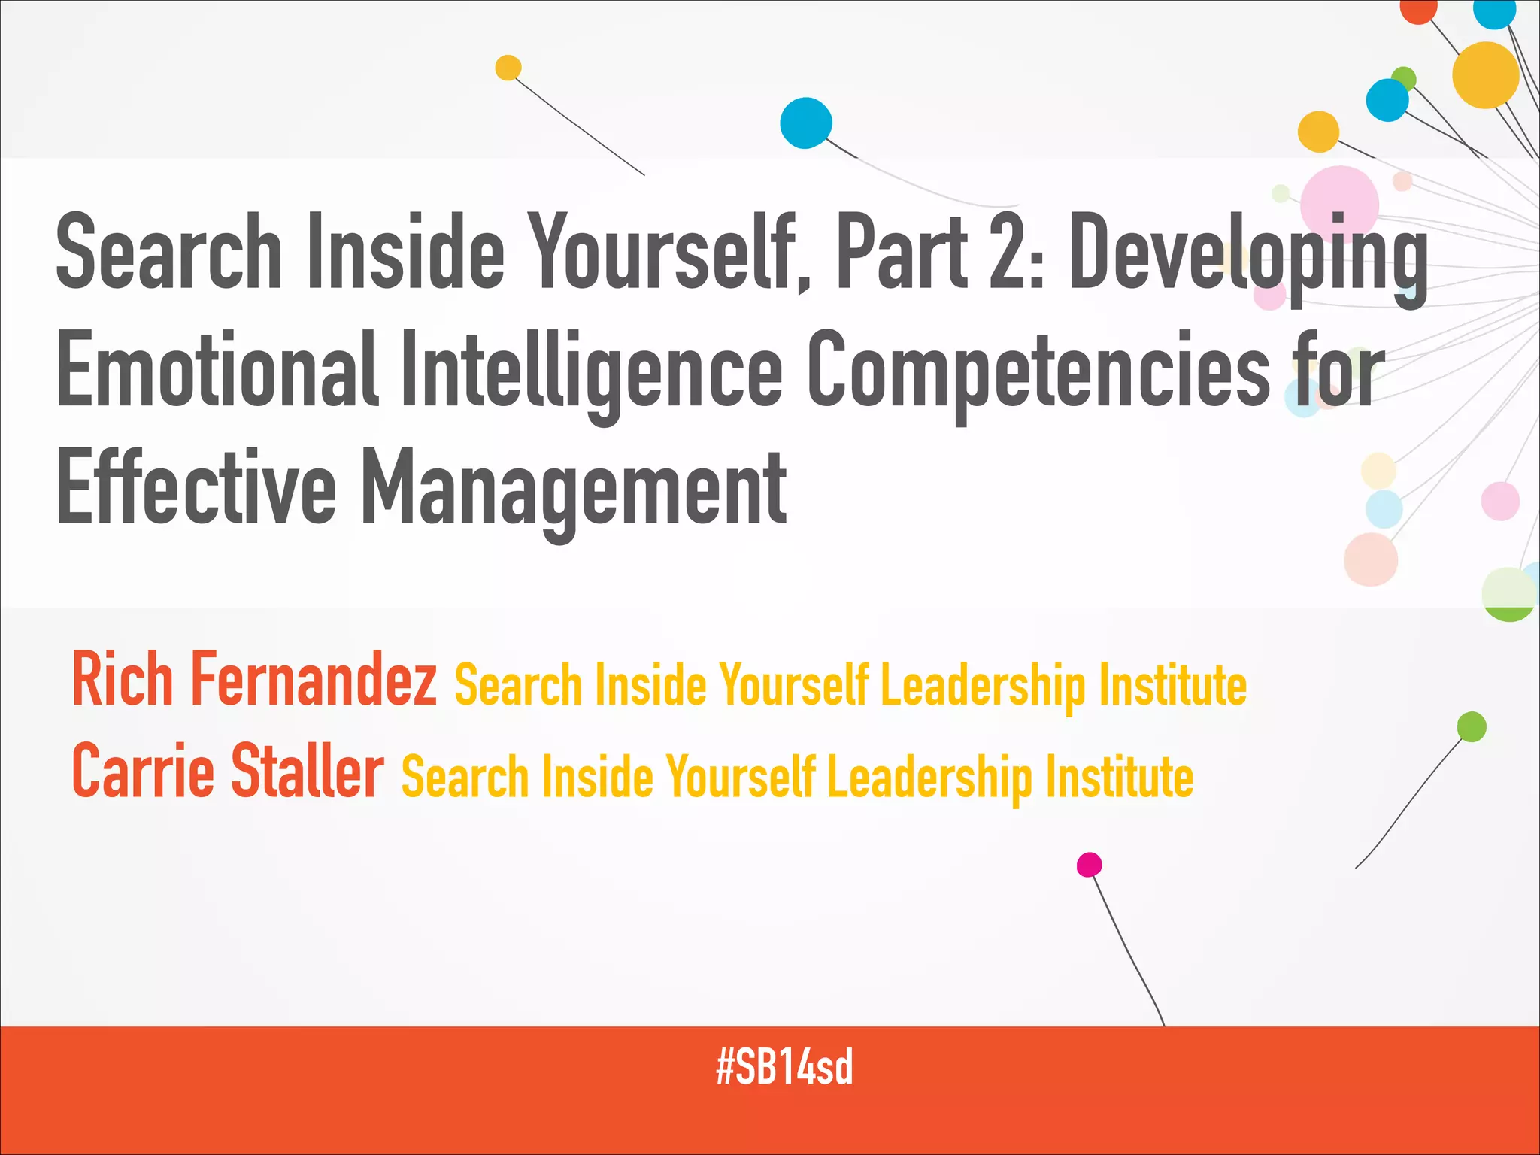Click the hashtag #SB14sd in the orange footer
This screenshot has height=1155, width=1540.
pyautogui.click(x=784, y=1067)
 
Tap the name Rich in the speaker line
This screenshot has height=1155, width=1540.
pyautogui.click(x=123, y=680)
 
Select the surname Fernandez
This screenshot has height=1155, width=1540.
pyautogui.click(x=314, y=680)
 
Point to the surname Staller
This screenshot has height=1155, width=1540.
pyautogui.click(x=307, y=772)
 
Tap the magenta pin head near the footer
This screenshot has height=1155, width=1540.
pyautogui.click(x=1089, y=865)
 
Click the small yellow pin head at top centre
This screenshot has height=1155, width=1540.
pyautogui.click(x=508, y=68)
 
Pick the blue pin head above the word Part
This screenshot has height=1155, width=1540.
pyautogui.click(x=805, y=123)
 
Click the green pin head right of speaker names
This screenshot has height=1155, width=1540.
pyautogui.click(x=1472, y=726)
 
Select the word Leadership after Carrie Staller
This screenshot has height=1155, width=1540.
pyautogui.click(x=929, y=778)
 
